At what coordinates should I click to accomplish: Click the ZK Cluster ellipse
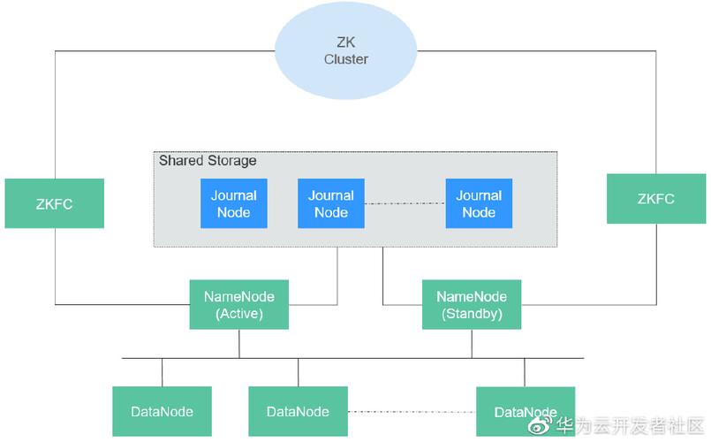(345, 51)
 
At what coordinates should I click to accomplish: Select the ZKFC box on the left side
(54, 203)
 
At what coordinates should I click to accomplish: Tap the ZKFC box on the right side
(655, 199)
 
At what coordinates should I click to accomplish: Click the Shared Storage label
(208, 161)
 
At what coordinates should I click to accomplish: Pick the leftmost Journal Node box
(233, 203)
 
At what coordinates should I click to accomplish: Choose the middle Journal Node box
(331, 203)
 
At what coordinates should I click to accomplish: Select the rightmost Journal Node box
(479, 203)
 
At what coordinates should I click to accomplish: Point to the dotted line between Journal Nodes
(405, 203)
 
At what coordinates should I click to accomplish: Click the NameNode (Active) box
(238, 305)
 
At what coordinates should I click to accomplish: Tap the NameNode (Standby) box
(472, 305)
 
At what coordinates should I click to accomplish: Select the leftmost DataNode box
(162, 411)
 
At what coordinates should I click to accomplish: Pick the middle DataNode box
(298, 411)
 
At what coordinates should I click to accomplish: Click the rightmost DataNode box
(525, 411)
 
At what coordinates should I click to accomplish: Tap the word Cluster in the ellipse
(345, 60)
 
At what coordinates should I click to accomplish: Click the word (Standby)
(472, 314)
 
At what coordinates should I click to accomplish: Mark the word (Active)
(238, 314)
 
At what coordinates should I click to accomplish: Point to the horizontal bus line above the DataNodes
(353, 358)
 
